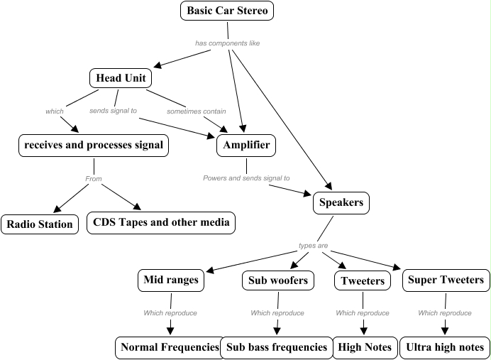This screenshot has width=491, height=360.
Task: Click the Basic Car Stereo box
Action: (227, 11)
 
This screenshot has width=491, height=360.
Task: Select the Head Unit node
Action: (121, 78)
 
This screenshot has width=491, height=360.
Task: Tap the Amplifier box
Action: (246, 146)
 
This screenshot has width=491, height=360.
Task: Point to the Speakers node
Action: (341, 202)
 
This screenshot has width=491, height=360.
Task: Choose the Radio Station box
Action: (40, 224)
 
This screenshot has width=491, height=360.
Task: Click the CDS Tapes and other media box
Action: (161, 222)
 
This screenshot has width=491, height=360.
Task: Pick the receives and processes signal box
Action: (94, 146)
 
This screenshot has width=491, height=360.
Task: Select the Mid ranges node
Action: (171, 280)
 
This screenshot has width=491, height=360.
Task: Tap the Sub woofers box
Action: (277, 280)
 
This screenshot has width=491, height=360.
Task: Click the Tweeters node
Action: (363, 281)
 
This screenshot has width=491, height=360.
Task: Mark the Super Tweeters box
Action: (446, 280)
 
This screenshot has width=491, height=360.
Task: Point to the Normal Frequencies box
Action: (170, 347)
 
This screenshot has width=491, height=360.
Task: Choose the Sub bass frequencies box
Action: (277, 347)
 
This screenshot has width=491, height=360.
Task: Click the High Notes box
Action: (363, 347)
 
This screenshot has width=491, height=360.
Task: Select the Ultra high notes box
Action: (445, 347)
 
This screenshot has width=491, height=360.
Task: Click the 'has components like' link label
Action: (227, 43)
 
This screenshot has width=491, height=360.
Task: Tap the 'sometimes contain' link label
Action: (197, 111)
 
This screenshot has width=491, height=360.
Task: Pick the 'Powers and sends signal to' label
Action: (246, 178)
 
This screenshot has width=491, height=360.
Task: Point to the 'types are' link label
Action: (313, 246)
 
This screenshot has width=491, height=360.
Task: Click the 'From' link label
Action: (94, 179)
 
